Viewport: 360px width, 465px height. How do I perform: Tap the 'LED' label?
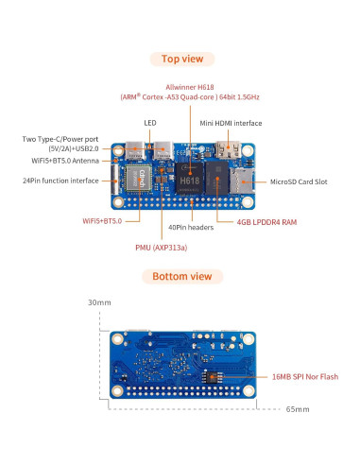point(149,123)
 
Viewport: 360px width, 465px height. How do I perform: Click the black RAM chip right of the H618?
point(220,178)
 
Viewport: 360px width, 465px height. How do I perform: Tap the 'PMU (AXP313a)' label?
point(161,247)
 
